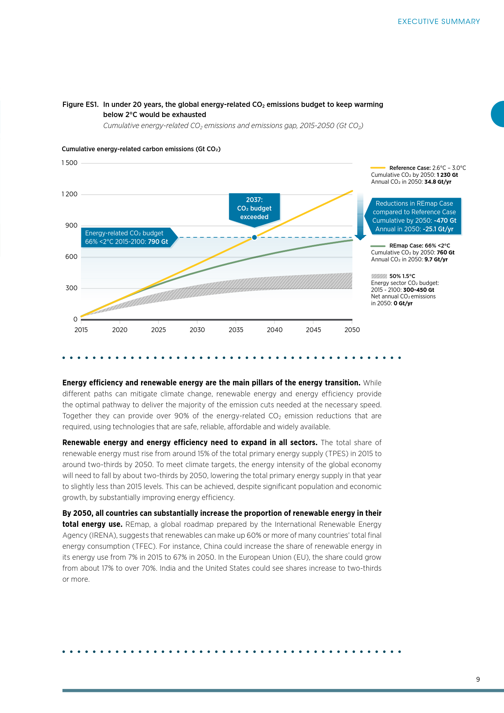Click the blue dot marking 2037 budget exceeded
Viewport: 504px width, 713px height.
click(x=254, y=237)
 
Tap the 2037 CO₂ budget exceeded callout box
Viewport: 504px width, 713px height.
click(x=254, y=208)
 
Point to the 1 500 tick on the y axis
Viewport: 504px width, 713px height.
click(x=70, y=163)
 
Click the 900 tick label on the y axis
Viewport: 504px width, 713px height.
click(x=72, y=226)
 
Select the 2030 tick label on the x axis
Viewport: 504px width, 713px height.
click(x=197, y=330)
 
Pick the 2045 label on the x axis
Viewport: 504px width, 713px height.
click(x=313, y=330)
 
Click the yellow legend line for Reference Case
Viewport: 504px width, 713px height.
click(x=378, y=167)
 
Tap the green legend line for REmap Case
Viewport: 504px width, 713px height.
click(x=378, y=246)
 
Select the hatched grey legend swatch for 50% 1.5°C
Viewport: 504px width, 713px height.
click(x=379, y=276)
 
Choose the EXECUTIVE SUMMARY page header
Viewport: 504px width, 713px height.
click(x=439, y=22)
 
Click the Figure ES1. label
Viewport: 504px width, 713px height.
click(x=80, y=104)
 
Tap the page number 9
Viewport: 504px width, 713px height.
click(x=478, y=679)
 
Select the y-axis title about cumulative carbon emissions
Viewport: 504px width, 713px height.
click(x=141, y=149)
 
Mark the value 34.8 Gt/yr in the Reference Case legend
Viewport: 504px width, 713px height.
click(x=438, y=182)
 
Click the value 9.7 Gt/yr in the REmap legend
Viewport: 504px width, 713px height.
click(x=436, y=259)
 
